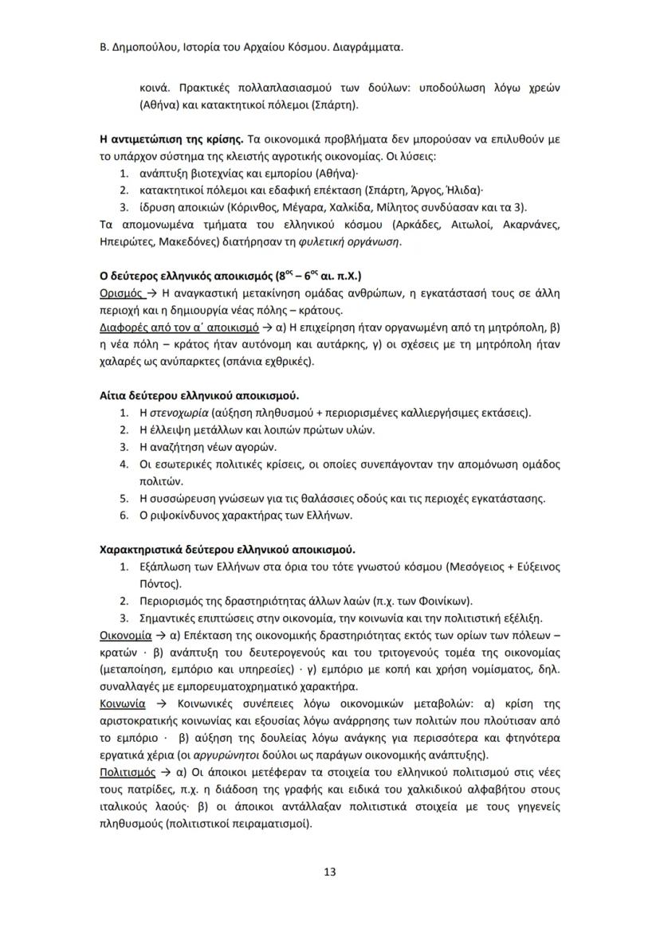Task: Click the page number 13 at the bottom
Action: (x=330, y=871)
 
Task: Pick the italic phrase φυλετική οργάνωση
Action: (x=354, y=241)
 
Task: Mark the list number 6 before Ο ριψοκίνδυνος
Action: (x=124, y=516)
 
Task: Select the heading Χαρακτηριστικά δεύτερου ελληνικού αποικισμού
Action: (x=227, y=550)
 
